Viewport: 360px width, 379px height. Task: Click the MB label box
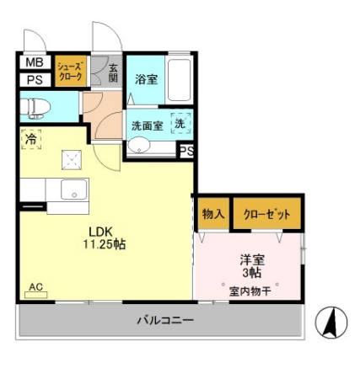34,63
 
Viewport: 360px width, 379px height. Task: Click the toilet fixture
36,107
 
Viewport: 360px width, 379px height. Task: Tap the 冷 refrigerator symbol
31,139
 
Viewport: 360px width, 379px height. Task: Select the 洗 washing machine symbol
180,123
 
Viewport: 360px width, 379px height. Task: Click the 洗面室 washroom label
147,125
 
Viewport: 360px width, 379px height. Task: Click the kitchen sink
74,190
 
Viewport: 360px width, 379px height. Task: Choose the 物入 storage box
212,215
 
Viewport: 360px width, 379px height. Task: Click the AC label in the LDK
36,287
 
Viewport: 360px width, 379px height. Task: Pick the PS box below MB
34,81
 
